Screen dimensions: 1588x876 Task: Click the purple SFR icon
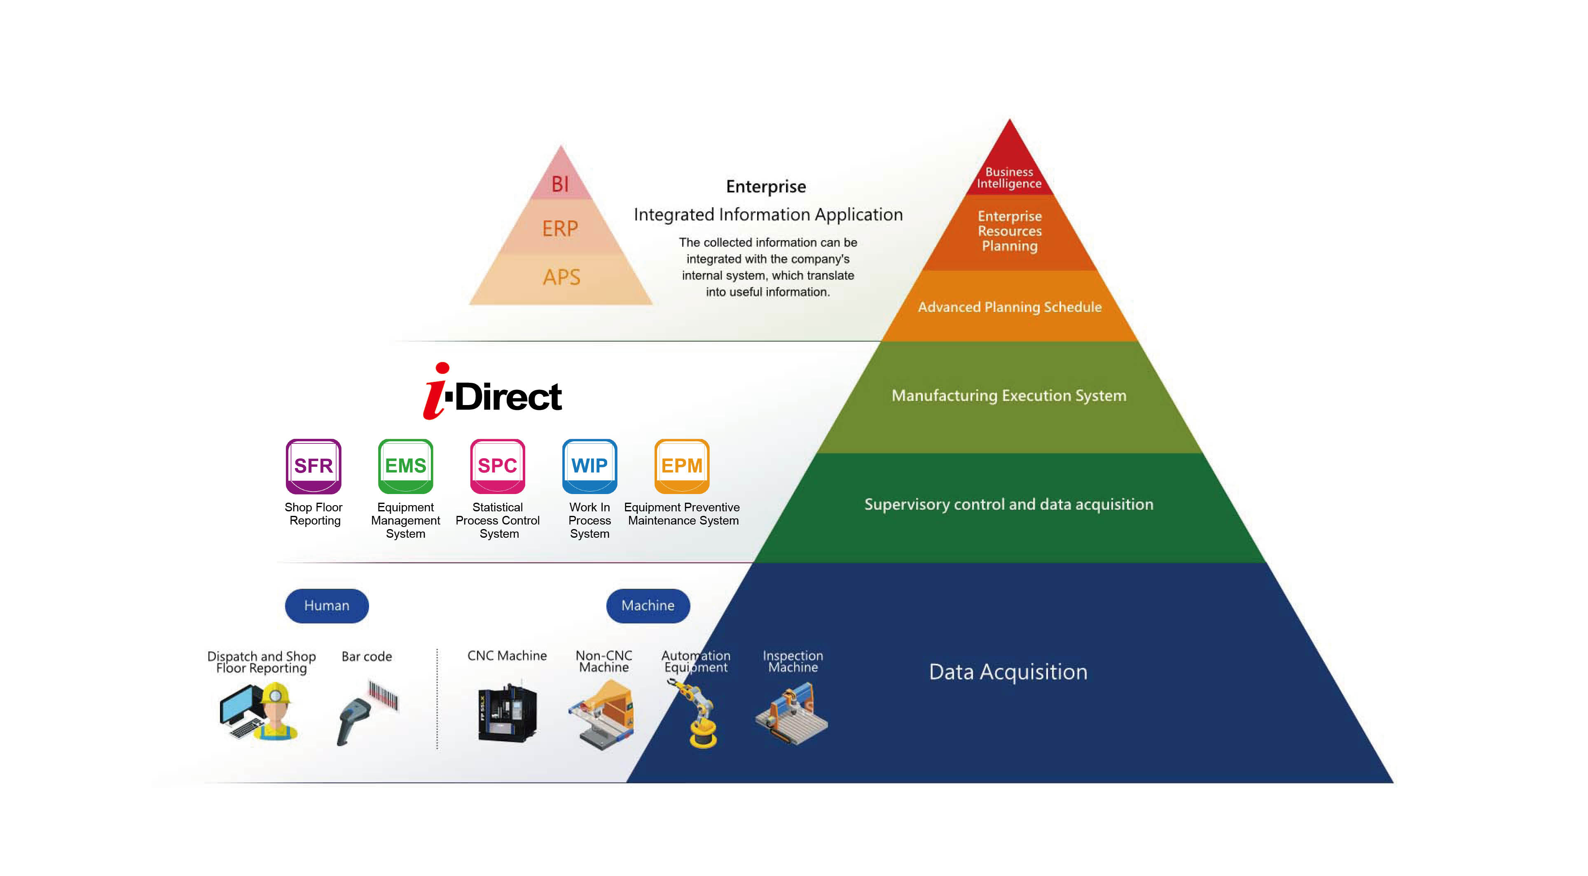[313, 466]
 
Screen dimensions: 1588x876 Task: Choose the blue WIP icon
[589, 466]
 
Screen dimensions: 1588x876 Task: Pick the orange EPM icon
[682, 466]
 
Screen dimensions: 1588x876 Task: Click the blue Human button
[327, 605]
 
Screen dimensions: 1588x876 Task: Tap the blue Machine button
[648, 605]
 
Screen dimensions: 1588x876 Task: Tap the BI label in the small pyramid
[560, 184]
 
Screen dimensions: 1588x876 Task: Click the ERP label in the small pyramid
[560, 229]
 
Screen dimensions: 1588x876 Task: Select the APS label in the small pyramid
[561, 277]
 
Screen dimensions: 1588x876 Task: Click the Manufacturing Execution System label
[1008, 395]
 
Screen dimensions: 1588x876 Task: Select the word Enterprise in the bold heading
[766, 187]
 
